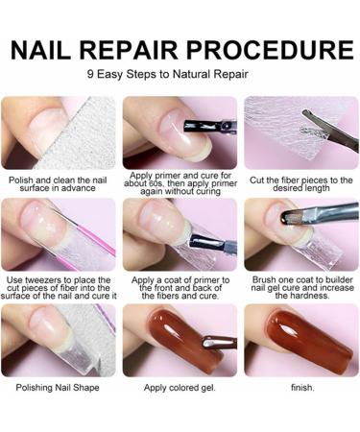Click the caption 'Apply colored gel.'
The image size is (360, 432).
coord(180,388)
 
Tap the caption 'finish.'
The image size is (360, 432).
coord(301,388)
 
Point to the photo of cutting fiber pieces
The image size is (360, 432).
coord(301,132)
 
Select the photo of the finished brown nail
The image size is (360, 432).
coord(301,341)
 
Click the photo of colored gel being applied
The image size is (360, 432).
coord(180,341)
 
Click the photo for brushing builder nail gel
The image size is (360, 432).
coord(301,235)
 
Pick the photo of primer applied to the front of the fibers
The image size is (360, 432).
coord(180,235)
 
